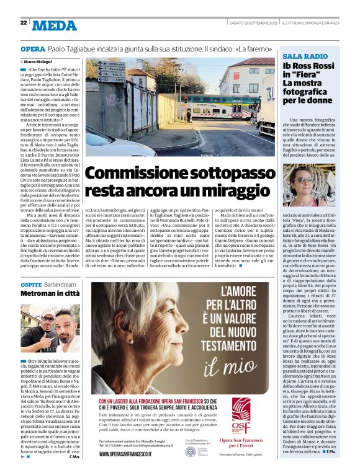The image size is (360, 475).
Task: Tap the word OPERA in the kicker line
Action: pyautogui.click(x=32, y=48)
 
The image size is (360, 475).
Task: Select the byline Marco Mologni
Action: pyautogui.click(x=38, y=62)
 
